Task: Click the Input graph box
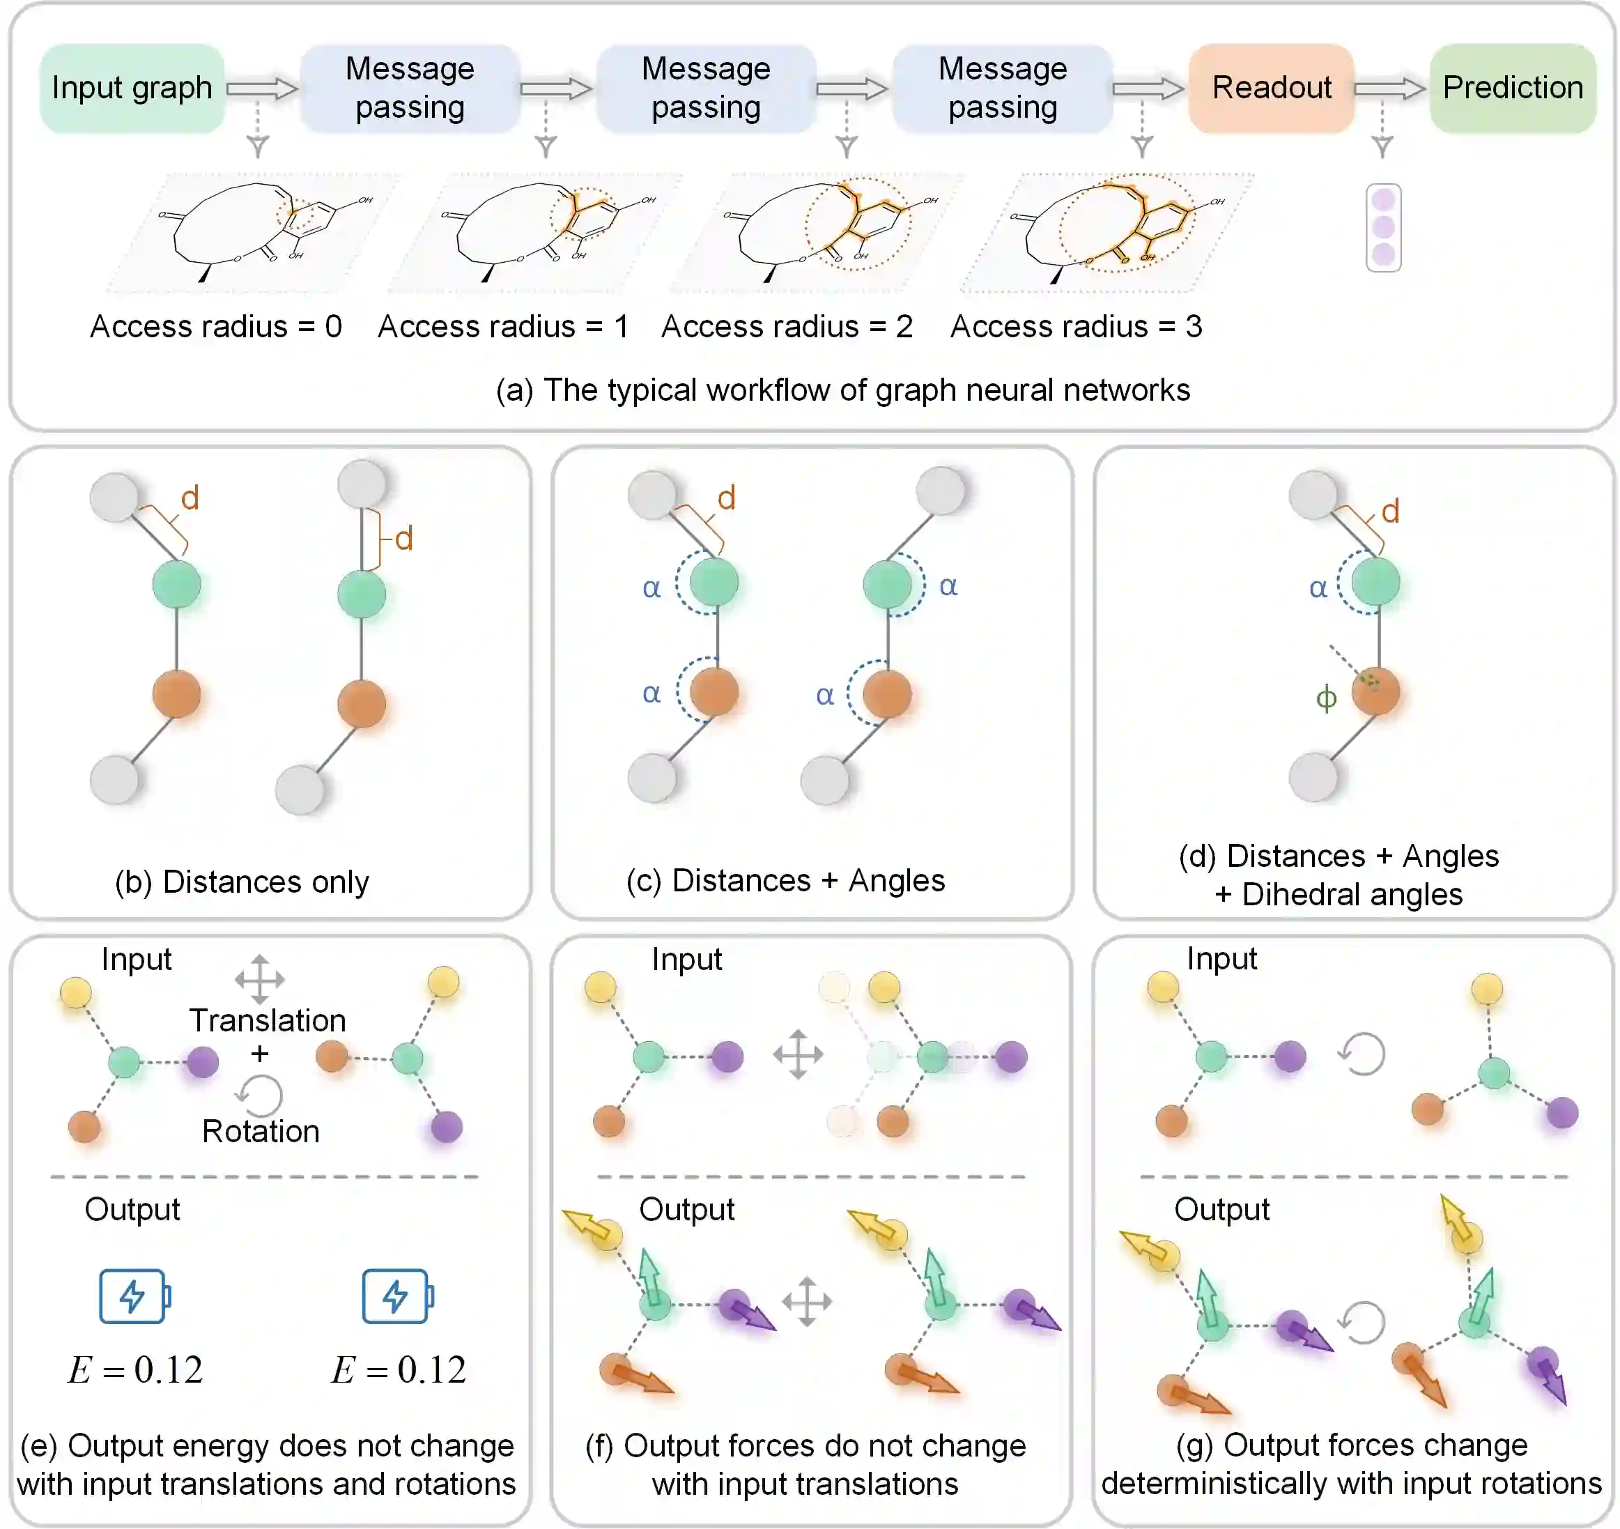pos(132,88)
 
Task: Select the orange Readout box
pos(1270,88)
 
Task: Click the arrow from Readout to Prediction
pos(1389,88)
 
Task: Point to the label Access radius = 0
pos(216,327)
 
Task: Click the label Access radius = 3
pos(1076,327)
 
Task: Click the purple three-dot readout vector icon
pos(1383,227)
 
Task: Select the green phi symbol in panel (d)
pos(1326,698)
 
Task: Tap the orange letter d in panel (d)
pos(1390,512)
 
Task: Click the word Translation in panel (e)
pos(268,1020)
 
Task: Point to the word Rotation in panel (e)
pos(261,1131)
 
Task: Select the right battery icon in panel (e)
pos(397,1296)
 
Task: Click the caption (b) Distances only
pos(242,882)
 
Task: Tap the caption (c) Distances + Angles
pos(785,880)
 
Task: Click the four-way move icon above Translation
pos(259,979)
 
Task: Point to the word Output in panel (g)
pos(1221,1210)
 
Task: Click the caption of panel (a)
pos(842,390)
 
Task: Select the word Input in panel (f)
pos(686,960)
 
